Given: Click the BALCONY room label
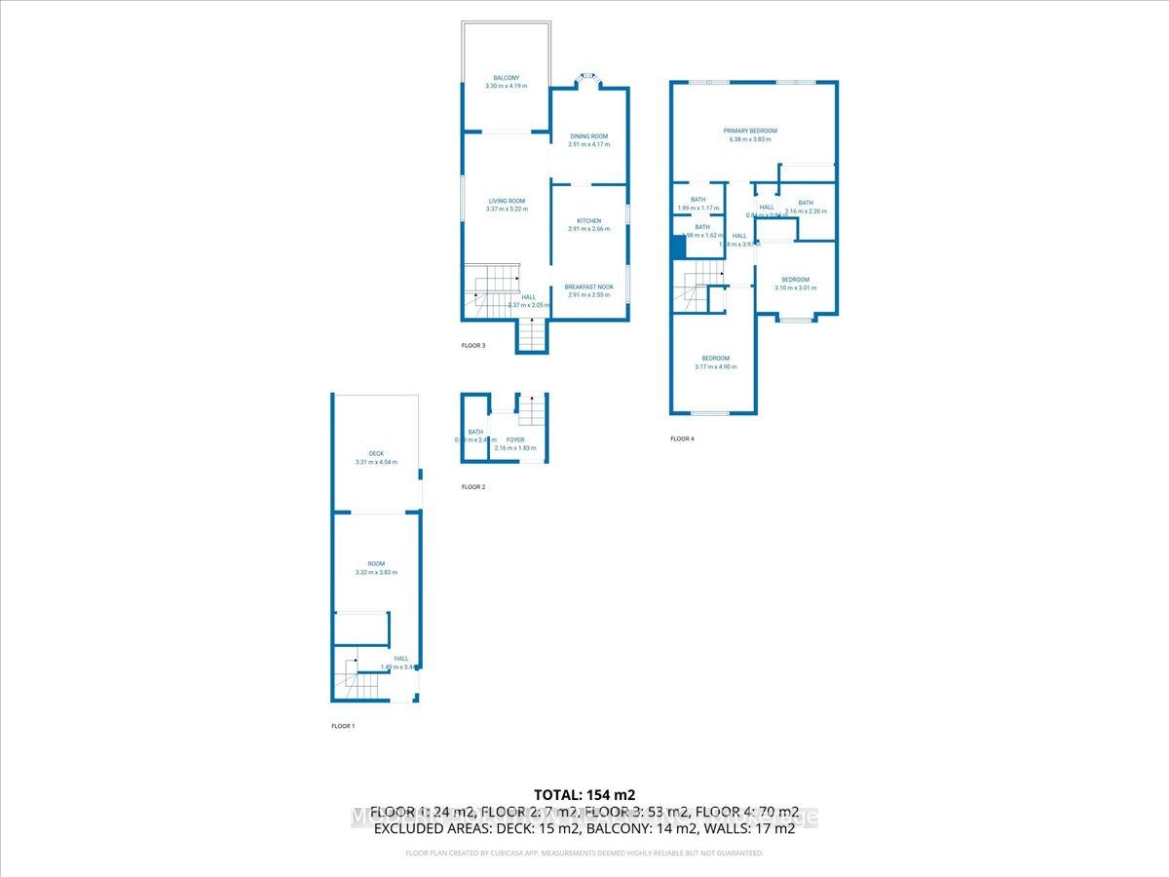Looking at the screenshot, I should (506, 78).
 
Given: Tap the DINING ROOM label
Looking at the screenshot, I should (588, 136).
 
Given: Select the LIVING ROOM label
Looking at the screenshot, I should (507, 201).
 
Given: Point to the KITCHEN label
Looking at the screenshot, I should (588, 221).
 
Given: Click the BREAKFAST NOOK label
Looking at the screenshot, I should (588, 287).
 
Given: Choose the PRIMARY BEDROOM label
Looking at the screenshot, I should (749, 131).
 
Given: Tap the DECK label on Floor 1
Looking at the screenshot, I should (376, 454).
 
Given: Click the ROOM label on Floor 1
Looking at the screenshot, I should (376, 564).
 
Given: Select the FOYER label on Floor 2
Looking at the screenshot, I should (514, 440).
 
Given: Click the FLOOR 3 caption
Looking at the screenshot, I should (472, 346).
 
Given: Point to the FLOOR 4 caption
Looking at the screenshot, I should (682, 439).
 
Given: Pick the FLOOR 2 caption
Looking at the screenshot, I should (472, 487).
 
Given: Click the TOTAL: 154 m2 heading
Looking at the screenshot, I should (584, 794).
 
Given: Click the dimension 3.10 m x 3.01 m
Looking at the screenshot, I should (791, 288).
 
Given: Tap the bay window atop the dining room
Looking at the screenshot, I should (587, 78).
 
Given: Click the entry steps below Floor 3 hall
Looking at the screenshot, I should (532, 336).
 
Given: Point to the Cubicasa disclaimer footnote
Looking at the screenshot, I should (584, 854).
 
